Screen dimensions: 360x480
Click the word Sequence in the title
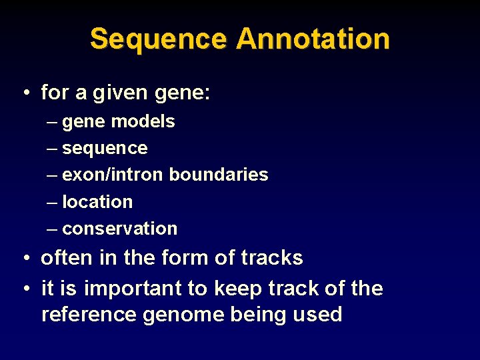pos(159,39)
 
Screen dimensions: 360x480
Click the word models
pos(143,121)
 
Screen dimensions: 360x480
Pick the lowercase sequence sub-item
pos(105,148)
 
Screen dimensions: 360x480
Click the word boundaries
pos(218,175)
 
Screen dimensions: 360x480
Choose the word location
pos(97,201)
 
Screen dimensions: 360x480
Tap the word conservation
pos(119,228)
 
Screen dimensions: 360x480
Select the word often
pos(65,258)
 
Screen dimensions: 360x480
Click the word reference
pos(89,314)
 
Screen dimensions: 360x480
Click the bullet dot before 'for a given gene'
pos(25,93)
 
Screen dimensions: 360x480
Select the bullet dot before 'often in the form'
pos(25,258)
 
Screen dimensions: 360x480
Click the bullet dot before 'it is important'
pos(25,289)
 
